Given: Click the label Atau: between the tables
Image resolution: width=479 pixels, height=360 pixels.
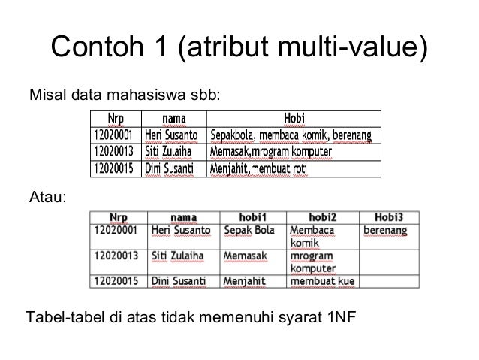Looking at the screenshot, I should pyautogui.click(x=47, y=197).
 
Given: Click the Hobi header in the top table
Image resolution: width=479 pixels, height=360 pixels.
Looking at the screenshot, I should pyautogui.click(x=294, y=119).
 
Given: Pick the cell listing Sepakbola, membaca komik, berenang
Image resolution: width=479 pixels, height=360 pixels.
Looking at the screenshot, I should pyautogui.click(x=291, y=135).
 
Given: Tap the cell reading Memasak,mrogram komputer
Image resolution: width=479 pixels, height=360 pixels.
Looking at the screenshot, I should pyautogui.click(x=271, y=153).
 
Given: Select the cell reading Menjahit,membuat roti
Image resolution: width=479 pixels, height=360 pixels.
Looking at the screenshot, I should pyautogui.click(x=259, y=169).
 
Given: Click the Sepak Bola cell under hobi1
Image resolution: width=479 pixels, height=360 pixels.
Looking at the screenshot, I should pyautogui.click(x=250, y=229).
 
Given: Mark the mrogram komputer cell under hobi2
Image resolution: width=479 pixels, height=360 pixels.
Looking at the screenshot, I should pyautogui.click(x=313, y=262).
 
